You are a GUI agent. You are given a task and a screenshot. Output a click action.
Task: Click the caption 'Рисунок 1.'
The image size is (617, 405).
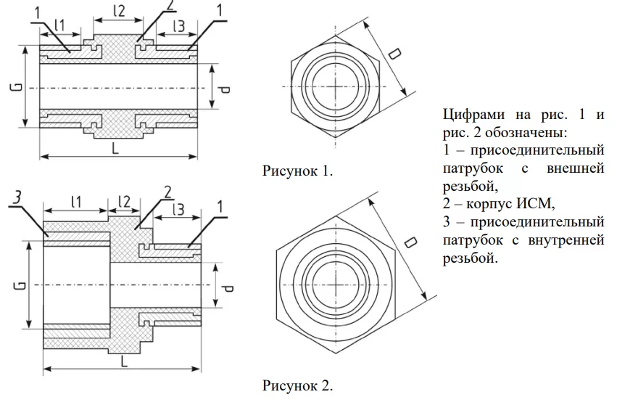pyautogui.click(x=297, y=171)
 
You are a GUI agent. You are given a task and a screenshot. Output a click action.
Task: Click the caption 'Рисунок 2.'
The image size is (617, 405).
pyautogui.click(x=297, y=384)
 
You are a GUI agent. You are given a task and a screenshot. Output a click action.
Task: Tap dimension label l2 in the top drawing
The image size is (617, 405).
pyautogui.click(x=119, y=10)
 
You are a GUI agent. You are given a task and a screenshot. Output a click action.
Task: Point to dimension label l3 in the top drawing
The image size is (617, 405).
pyautogui.click(x=178, y=26)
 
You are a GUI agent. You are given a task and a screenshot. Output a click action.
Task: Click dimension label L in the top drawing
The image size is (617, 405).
pyautogui.click(x=117, y=148)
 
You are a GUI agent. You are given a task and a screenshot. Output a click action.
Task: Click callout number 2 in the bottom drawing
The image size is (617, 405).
pyautogui.click(x=167, y=192)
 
